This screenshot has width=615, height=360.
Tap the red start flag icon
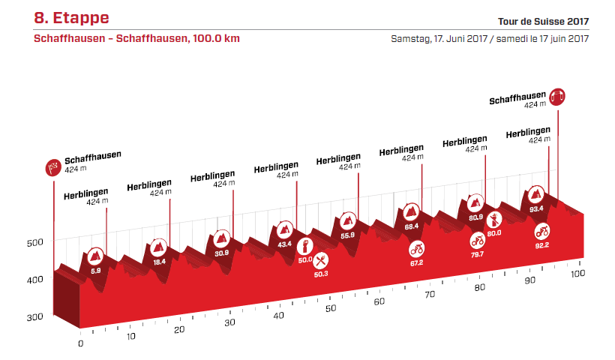pos(53,168)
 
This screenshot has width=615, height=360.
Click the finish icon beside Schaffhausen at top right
pos(556,96)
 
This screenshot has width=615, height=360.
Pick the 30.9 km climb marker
pos(221,238)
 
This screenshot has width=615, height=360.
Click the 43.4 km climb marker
pos(284,229)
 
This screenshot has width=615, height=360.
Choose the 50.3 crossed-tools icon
pos(320,260)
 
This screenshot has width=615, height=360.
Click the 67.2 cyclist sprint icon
pos(416,248)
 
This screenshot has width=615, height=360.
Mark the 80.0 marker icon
pos(494,220)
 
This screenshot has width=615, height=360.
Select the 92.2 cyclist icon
pos(541,229)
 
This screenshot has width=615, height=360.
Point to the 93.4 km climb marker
pos(536,195)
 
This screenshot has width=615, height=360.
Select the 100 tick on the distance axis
pos(577,274)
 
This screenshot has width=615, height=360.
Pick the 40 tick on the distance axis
pos(279,316)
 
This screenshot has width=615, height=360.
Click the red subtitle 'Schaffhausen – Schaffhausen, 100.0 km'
pos(136,38)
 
